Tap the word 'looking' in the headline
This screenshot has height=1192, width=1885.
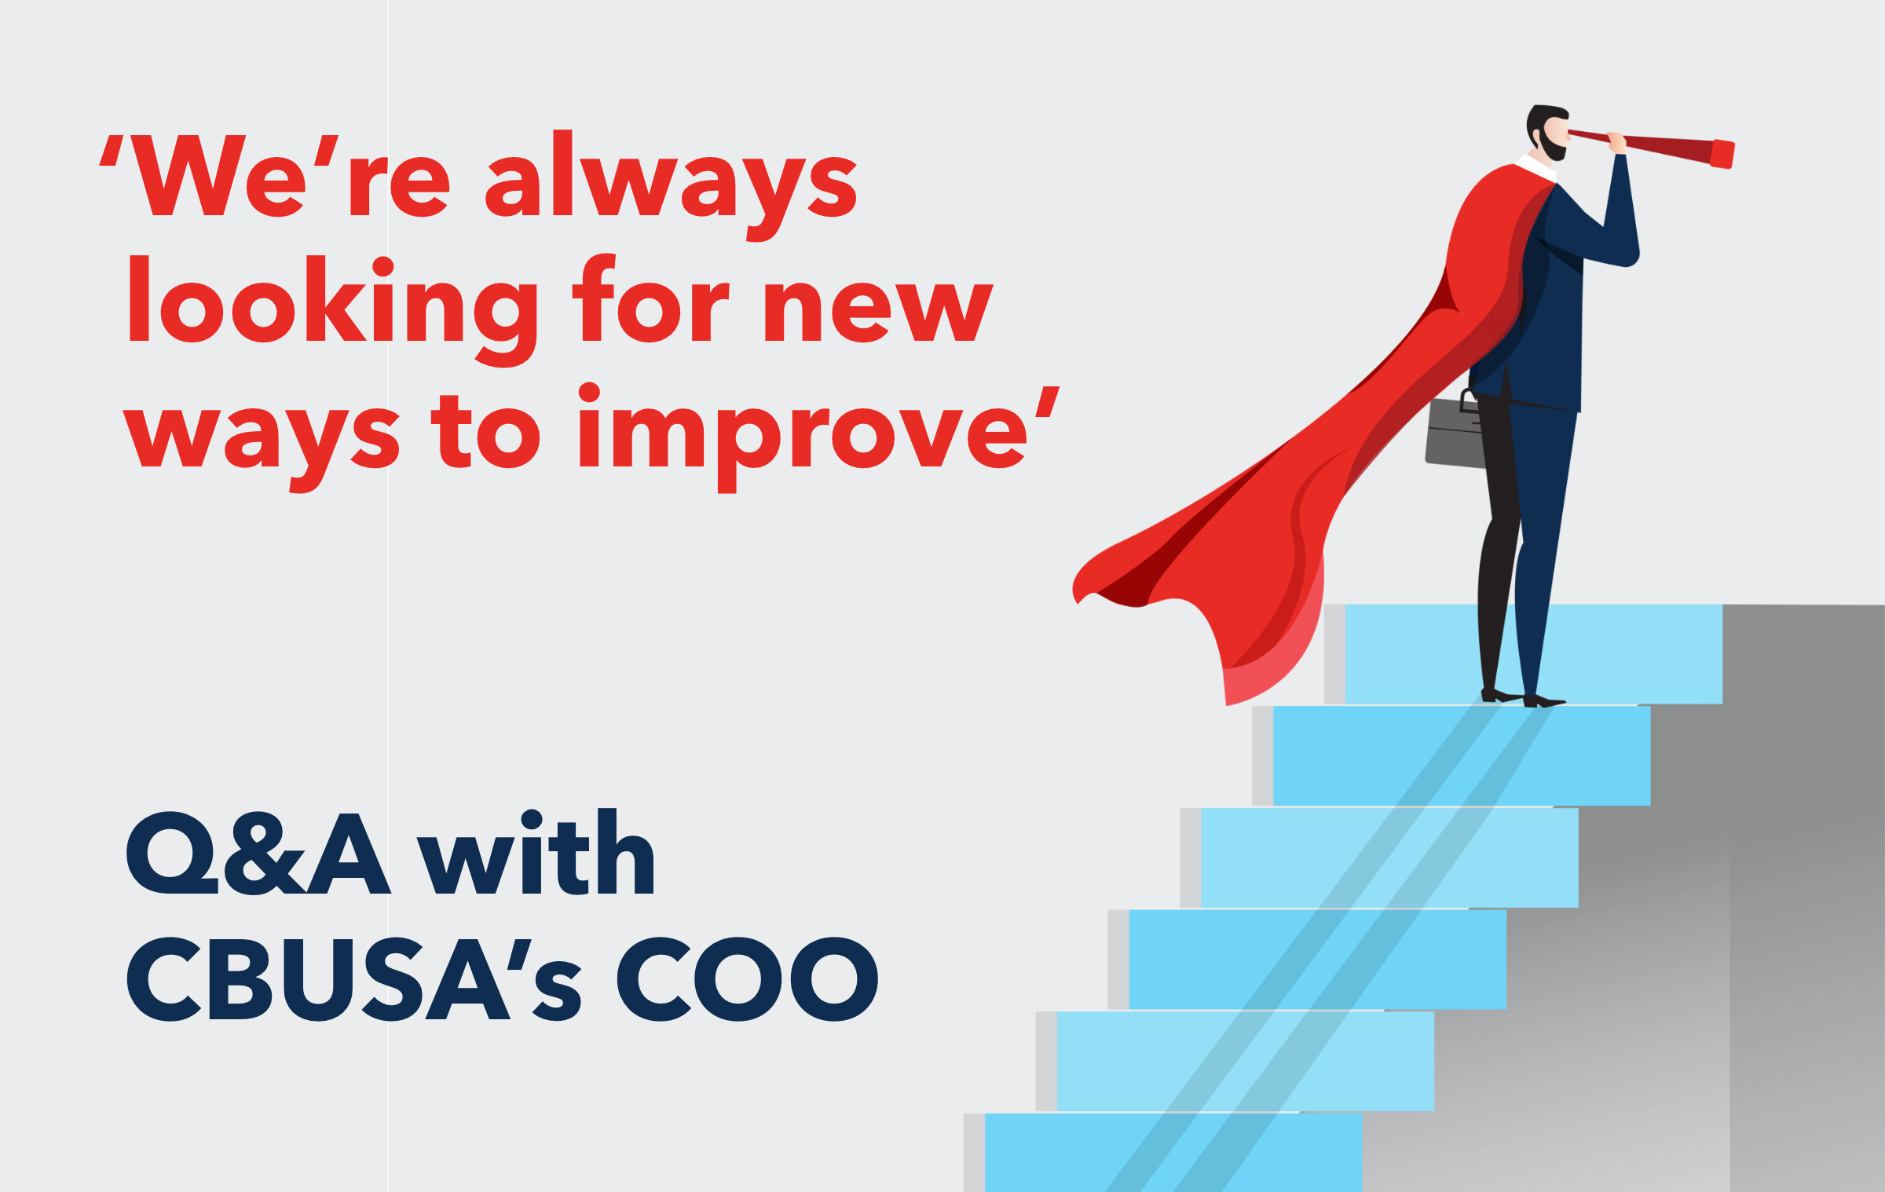coord(333,311)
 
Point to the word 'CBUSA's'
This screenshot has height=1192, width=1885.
coord(354,978)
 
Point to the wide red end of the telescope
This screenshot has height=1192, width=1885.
coord(1722,154)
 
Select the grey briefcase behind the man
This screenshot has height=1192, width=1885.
coord(1455,433)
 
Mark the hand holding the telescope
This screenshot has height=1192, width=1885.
coord(1616,142)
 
